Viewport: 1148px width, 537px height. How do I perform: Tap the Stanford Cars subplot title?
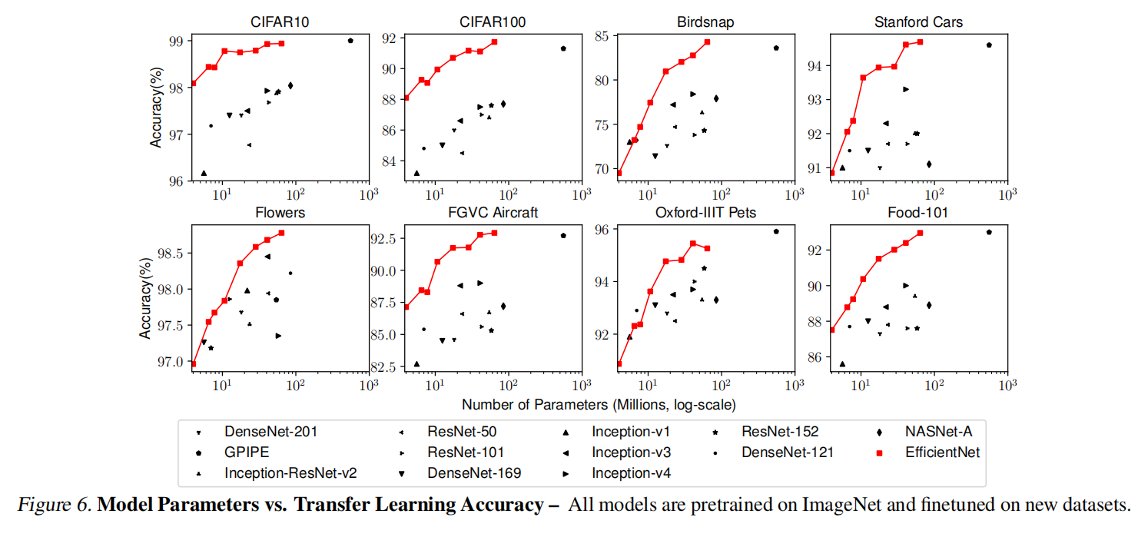[918, 22]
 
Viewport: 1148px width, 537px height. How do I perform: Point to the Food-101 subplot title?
[919, 212]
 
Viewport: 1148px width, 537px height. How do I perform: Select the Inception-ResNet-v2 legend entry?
[290, 472]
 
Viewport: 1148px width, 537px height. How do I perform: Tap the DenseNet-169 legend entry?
[474, 472]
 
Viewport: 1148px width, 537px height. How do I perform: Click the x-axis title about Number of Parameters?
[588, 404]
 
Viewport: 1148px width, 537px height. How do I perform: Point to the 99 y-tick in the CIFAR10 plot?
[175, 41]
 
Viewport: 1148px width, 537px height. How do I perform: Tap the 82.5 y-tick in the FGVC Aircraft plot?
[380, 366]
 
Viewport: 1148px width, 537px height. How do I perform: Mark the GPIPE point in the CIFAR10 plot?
[350, 41]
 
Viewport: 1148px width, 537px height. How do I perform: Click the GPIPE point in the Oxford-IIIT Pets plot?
[776, 231]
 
